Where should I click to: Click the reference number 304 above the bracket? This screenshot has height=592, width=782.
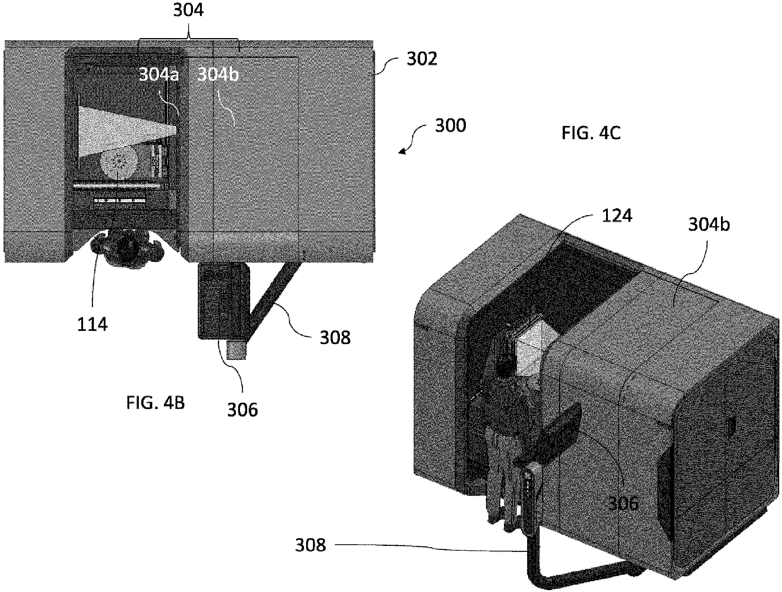click(x=188, y=11)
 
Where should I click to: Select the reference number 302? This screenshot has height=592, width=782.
click(x=422, y=59)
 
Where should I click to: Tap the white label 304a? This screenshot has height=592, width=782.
click(x=158, y=75)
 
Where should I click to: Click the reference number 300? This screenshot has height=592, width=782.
click(x=451, y=126)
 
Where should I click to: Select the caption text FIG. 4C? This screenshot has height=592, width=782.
click(x=591, y=134)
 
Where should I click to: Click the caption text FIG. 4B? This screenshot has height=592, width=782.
click(x=156, y=403)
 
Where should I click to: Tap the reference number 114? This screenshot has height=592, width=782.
click(x=92, y=324)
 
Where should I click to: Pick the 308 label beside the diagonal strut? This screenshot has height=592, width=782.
click(x=335, y=338)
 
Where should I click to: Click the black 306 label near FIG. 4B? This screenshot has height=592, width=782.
click(x=242, y=410)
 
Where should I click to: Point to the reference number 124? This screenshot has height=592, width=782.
click(x=617, y=216)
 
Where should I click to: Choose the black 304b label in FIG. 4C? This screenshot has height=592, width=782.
click(x=709, y=225)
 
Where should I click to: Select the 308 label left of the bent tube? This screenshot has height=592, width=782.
click(x=310, y=545)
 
